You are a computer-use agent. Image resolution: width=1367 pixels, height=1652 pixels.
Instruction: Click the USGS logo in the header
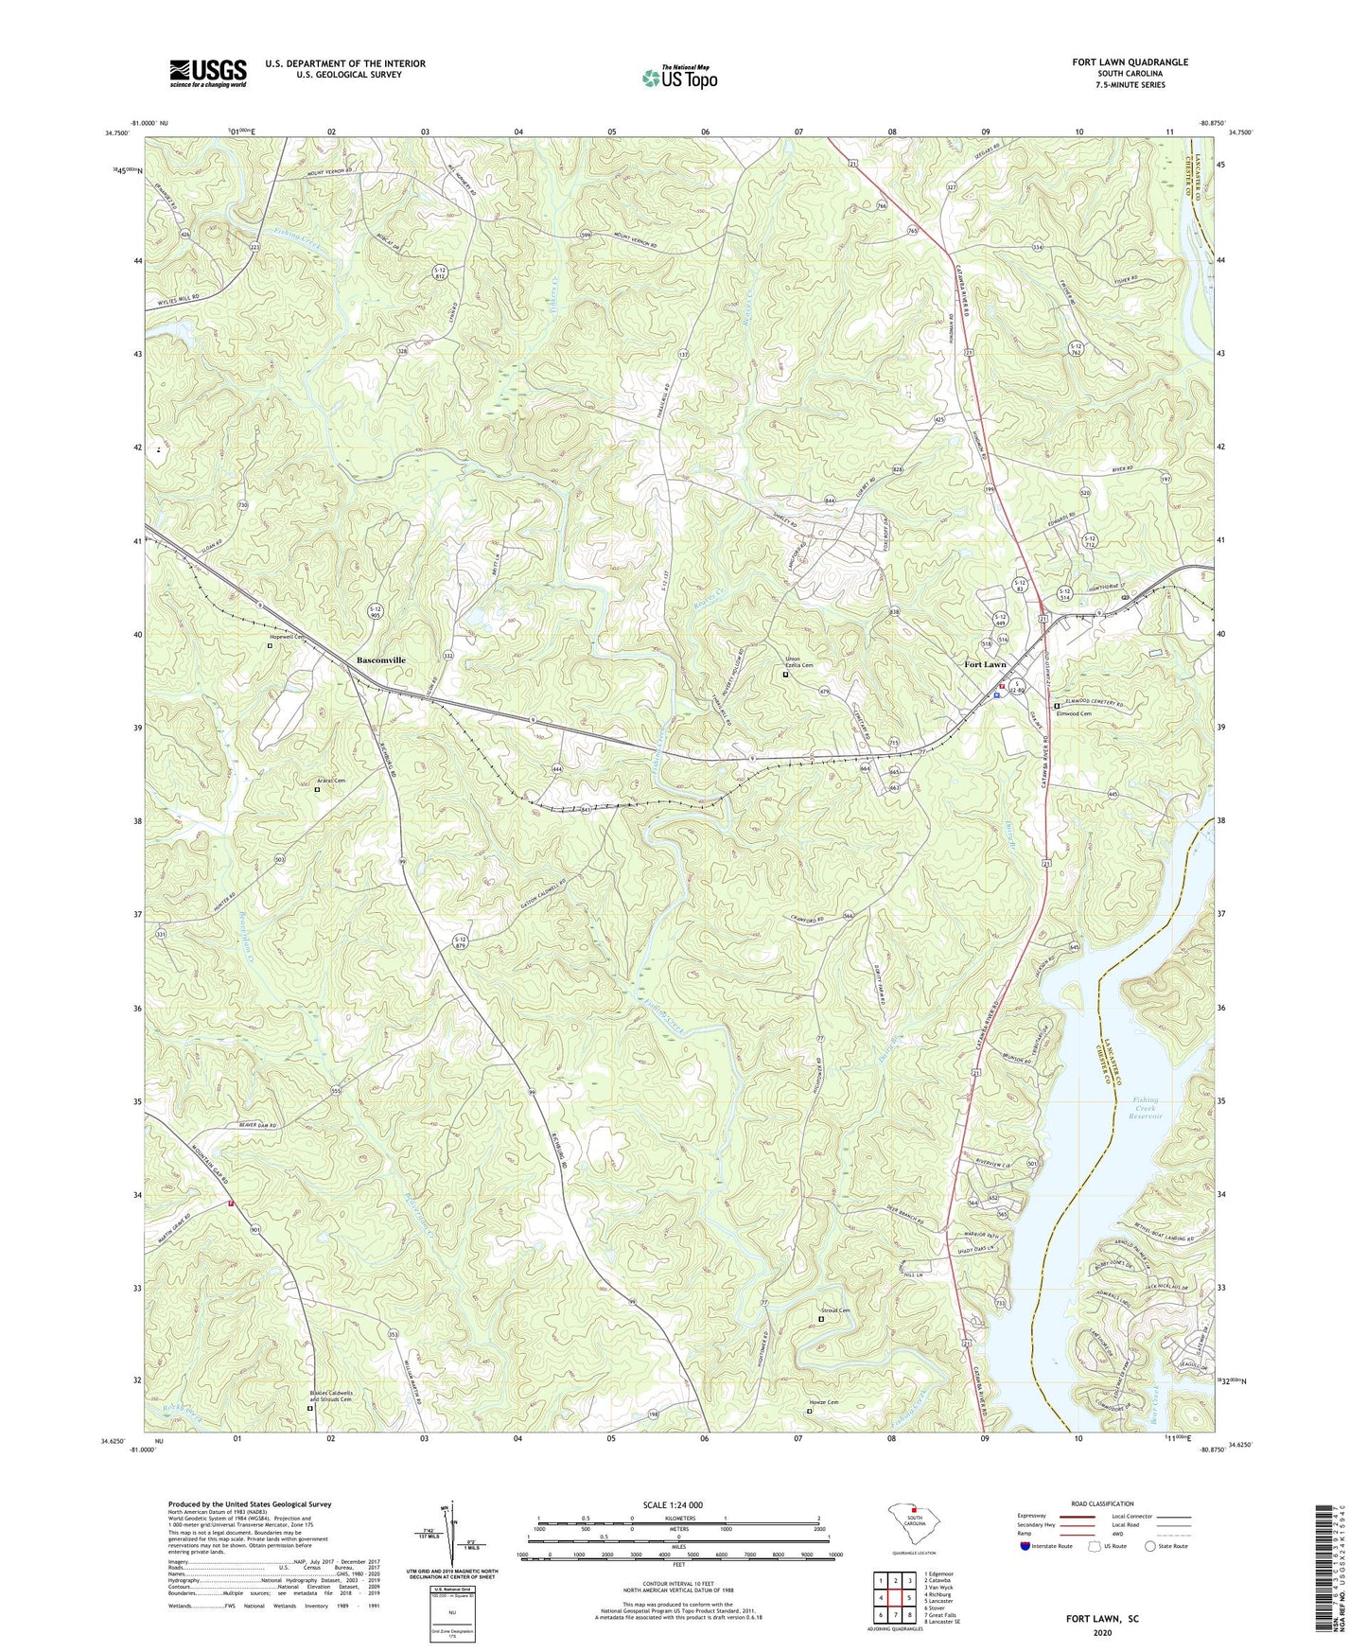[x=208, y=73]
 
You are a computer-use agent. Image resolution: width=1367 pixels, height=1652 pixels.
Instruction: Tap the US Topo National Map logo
[x=678, y=77]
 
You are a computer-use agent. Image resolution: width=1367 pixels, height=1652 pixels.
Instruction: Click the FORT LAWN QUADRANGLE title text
[x=1130, y=62]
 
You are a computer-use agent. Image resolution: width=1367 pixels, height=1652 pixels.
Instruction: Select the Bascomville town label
[x=381, y=659]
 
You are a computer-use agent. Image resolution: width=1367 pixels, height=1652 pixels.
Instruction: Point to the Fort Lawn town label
[x=985, y=664]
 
